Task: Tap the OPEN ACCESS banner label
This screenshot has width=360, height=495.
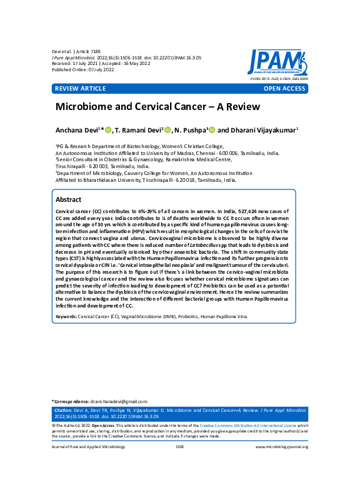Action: [x=284, y=89]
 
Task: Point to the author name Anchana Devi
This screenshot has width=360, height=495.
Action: [x=78, y=129]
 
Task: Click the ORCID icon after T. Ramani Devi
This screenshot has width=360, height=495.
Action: [x=167, y=129]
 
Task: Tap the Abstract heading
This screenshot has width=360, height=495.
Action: [x=69, y=199]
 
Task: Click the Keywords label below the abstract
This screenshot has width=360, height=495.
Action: [x=67, y=317]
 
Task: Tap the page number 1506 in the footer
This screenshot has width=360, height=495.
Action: [x=179, y=447]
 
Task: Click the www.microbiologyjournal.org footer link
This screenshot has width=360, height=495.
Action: [x=282, y=447]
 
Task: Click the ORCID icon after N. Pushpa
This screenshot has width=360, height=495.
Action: [x=212, y=129]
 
